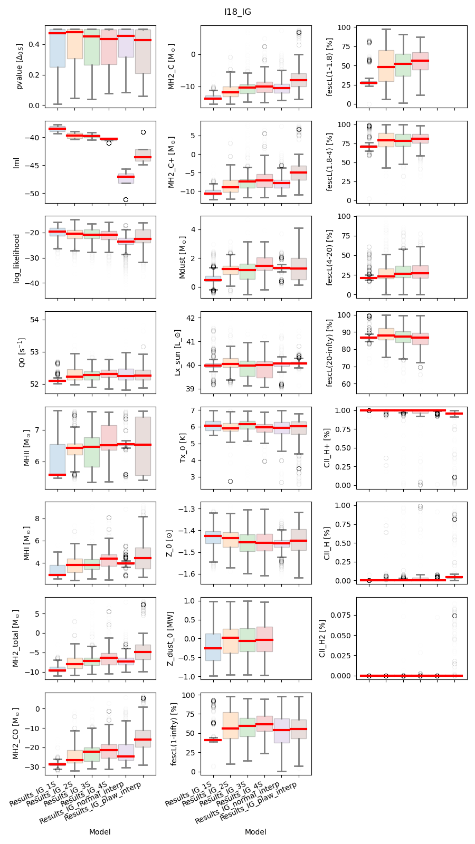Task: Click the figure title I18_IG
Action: point(237,12)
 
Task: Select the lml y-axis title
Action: point(17,162)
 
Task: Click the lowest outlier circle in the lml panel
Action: point(126,199)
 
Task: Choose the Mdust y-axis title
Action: point(183,257)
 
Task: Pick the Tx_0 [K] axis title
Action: point(183,448)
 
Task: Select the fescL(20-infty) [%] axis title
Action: point(330,352)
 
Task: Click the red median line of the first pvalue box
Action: point(56,33)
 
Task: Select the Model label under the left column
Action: point(100,832)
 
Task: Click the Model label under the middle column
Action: point(255,832)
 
